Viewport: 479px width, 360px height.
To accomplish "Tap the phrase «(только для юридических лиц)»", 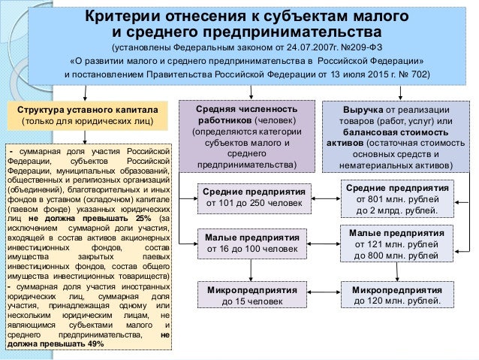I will point(89,121).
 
